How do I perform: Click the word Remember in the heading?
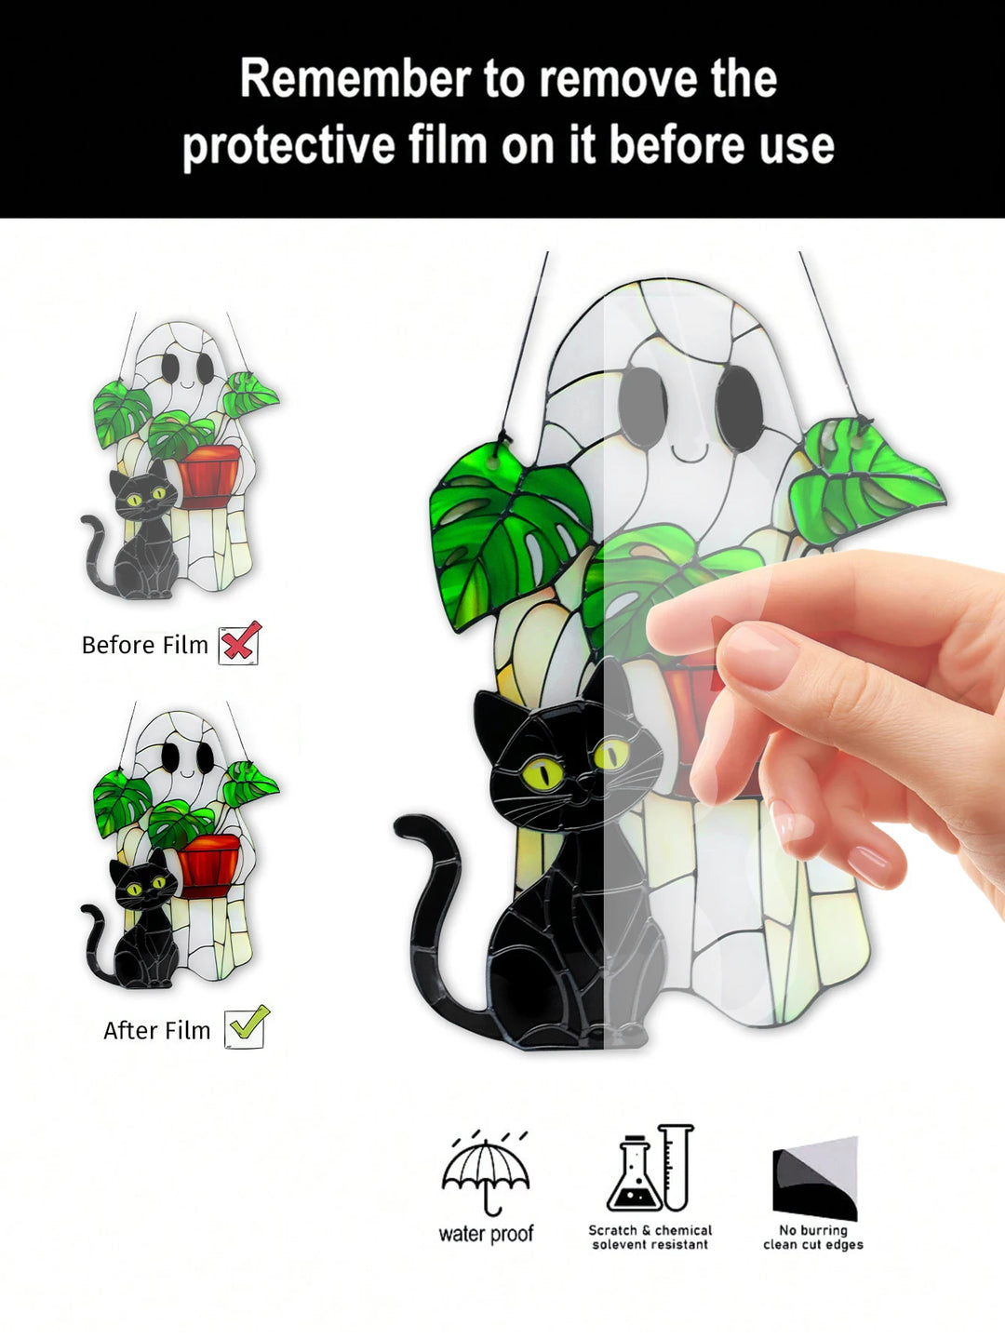(x=355, y=79)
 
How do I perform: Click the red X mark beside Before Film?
(x=240, y=643)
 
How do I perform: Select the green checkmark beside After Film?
(x=247, y=1026)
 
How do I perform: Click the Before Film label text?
(x=144, y=645)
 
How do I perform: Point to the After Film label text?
(x=156, y=1030)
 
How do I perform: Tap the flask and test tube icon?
(x=650, y=1170)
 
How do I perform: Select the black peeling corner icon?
(x=814, y=1177)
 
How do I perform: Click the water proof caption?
(x=486, y=1234)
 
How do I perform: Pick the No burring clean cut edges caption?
(x=812, y=1237)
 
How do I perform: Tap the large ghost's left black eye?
(x=643, y=407)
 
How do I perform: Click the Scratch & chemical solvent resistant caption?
(x=650, y=1237)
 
